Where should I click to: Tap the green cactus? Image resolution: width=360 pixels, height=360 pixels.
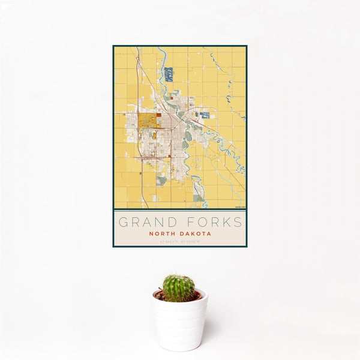point(179,288)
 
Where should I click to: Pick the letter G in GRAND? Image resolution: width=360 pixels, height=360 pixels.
point(124,223)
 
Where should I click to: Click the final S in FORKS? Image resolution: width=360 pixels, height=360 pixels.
point(238,223)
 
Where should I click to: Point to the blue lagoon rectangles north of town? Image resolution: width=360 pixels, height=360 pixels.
point(169,74)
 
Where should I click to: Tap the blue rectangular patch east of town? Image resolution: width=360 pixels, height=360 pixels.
point(205,115)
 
